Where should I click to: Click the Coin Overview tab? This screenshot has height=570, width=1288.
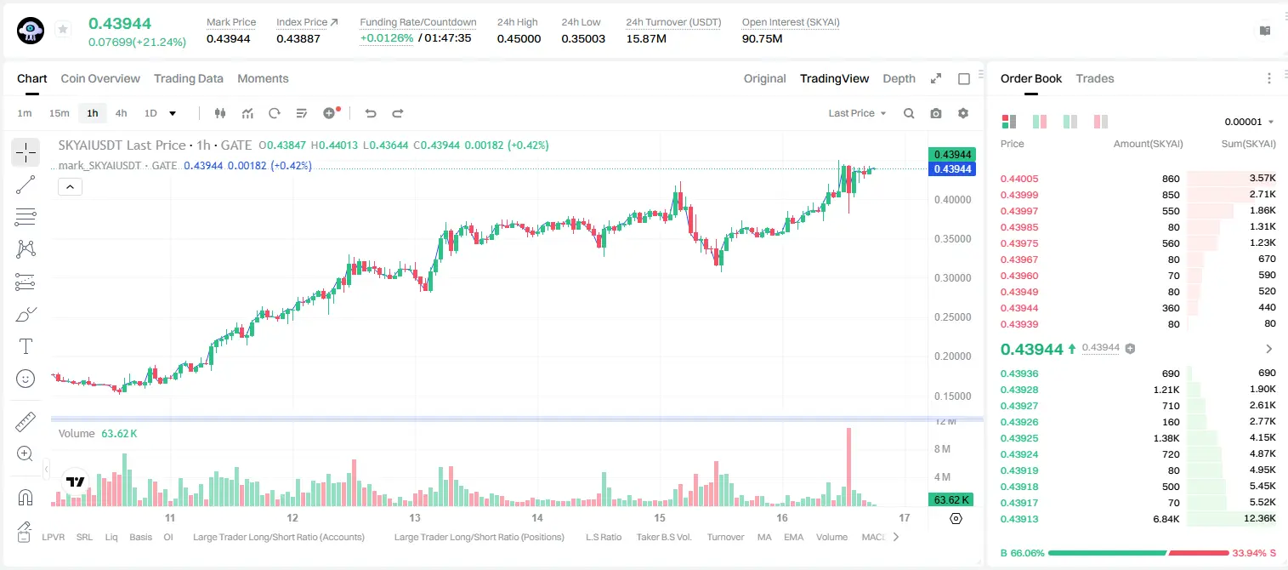pyautogui.click(x=100, y=78)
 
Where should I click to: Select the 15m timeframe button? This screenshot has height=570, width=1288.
pyautogui.click(x=59, y=113)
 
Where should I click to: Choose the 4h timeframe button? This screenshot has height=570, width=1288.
pyautogui.click(x=121, y=113)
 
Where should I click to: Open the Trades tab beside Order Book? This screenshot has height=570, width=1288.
pyautogui.click(x=1095, y=78)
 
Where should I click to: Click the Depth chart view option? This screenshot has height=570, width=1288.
pyautogui.click(x=899, y=78)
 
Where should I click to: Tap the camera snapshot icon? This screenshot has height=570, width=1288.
pyautogui.click(x=936, y=113)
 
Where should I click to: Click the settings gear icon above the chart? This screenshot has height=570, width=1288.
pyautogui.click(x=963, y=113)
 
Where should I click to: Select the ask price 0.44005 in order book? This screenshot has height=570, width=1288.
pyautogui.click(x=1018, y=179)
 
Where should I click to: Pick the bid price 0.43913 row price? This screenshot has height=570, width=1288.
pyautogui.click(x=1018, y=519)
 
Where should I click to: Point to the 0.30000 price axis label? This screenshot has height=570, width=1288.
pyautogui.click(x=952, y=278)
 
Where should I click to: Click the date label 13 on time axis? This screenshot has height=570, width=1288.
pyautogui.click(x=415, y=517)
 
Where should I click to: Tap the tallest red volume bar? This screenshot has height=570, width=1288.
pyautogui.click(x=848, y=466)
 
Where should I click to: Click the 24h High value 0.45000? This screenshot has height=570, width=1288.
pyautogui.click(x=519, y=38)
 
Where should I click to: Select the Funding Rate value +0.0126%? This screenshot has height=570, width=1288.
pyautogui.click(x=386, y=38)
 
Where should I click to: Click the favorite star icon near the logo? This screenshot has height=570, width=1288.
pyautogui.click(x=63, y=29)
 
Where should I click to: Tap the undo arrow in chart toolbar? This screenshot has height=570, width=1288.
pyautogui.click(x=371, y=113)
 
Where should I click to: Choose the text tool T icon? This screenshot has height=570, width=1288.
pyautogui.click(x=26, y=346)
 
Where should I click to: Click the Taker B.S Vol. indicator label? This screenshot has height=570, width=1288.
pyautogui.click(x=663, y=537)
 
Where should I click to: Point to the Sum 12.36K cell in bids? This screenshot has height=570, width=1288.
pyautogui.click(x=1259, y=518)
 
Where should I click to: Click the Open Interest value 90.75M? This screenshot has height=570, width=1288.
pyautogui.click(x=762, y=38)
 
